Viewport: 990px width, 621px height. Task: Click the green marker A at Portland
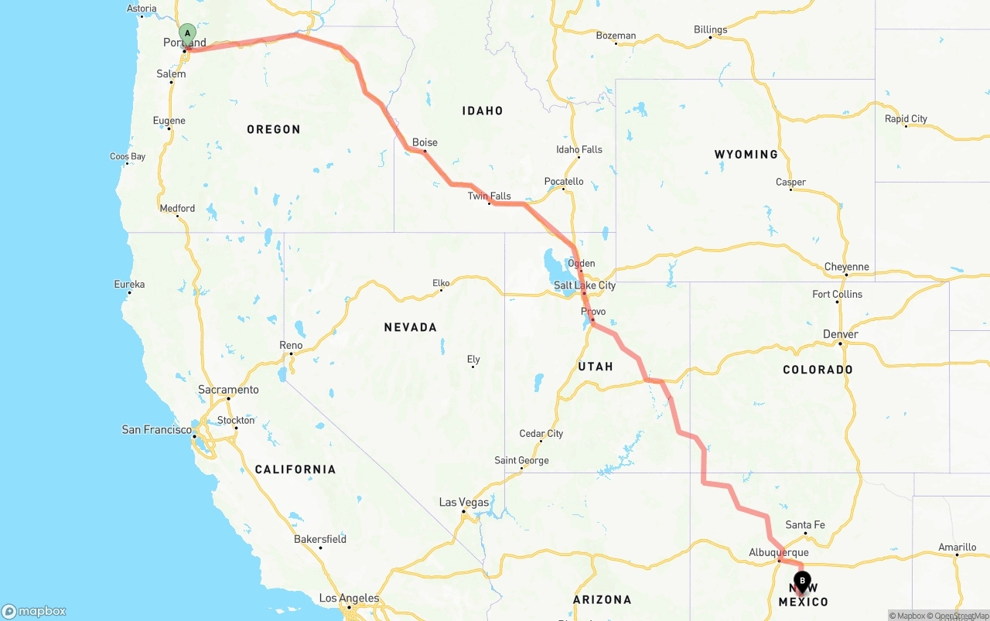click(x=187, y=33)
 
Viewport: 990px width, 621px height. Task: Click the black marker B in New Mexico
click(x=802, y=581)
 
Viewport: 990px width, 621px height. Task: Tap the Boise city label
click(x=425, y=142)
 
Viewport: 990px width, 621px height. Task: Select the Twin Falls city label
click(x=489, y=196)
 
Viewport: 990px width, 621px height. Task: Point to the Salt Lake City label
click(x=585, y=285)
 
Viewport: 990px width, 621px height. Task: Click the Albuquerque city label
click(x=779, y=552)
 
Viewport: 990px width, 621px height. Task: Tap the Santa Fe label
click(x=805, y=525)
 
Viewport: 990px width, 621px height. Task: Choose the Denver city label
click(x=841, y=334)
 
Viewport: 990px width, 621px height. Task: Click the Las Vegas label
click(x=464, y=502)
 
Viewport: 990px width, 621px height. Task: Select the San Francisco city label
click(x=157, y=429)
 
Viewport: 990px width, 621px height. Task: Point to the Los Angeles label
click(x=350, y=598)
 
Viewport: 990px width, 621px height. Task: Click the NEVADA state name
click(x=411, y=327)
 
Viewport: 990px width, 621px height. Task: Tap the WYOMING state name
click(x=746, y=155)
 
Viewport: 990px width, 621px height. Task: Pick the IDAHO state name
click(x=483, y=111)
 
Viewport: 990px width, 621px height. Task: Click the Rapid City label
click(x=906, y=119)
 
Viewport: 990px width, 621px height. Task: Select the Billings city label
click(x=710, y=30)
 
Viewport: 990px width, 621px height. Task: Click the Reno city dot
click(x=291, y=354)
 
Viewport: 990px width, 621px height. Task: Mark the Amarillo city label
click(x=958, y=548)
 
